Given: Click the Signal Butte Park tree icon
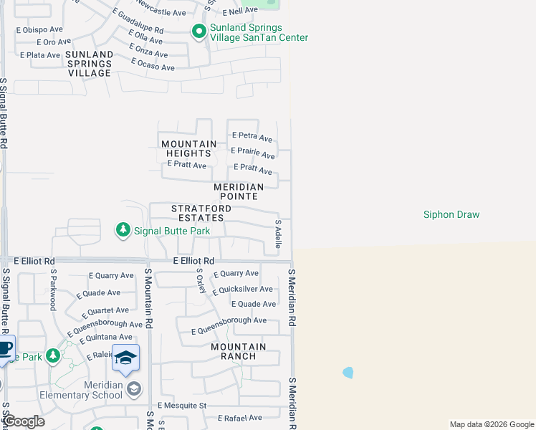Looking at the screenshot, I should point(123,230).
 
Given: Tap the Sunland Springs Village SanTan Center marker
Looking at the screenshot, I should point(198,31).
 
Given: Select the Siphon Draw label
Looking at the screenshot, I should point(451,214).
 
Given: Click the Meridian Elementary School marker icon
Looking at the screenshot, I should point(133,388).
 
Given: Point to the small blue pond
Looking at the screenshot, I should point(348,373).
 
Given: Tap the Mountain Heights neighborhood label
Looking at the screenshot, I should point(187,148).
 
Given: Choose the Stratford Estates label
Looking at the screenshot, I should point(201,213).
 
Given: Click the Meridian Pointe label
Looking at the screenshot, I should point(239,191).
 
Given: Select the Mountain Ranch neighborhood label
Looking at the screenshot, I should point(238,351).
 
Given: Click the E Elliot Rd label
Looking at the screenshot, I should point(193,262).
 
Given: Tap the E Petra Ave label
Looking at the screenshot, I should point(252,137).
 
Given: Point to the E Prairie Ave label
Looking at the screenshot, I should point(252,154).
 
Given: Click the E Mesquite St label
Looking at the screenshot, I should point(183,405).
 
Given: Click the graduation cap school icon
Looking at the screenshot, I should point(125,358).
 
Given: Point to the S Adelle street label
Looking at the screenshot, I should point(277,234).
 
